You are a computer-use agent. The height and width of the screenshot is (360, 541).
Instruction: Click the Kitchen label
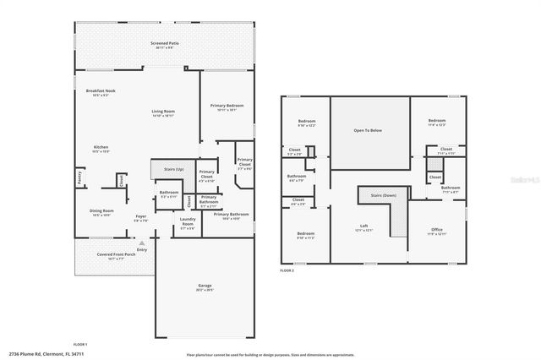[x=101, y=147]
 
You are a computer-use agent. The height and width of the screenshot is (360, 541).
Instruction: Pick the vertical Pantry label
[x=79, y=178]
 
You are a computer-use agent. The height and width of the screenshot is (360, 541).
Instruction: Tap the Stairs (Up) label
[x=167, y=168]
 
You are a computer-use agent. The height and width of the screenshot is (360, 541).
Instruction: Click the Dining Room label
[x=101, y=211]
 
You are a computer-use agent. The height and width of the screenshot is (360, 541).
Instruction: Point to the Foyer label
[x=141, y=216]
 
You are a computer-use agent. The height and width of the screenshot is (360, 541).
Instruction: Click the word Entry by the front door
[x=141, y=249]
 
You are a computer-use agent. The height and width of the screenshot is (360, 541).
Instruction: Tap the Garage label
[x=204, y=285]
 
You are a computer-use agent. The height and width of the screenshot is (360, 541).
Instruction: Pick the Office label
[x=436, y=229]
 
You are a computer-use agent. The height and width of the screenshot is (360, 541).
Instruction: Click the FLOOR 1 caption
[x=80, y=346]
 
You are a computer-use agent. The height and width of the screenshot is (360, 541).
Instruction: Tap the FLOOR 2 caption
[x=288, y=270]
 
